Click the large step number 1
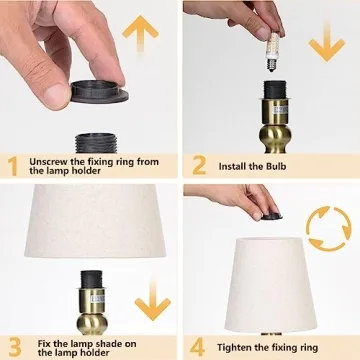(x=13, y=165)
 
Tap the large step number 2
(x=198, y=165)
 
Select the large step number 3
(x=13, y=348)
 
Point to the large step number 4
(x=199, y=348)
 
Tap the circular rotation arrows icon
(x=329, y=227)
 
